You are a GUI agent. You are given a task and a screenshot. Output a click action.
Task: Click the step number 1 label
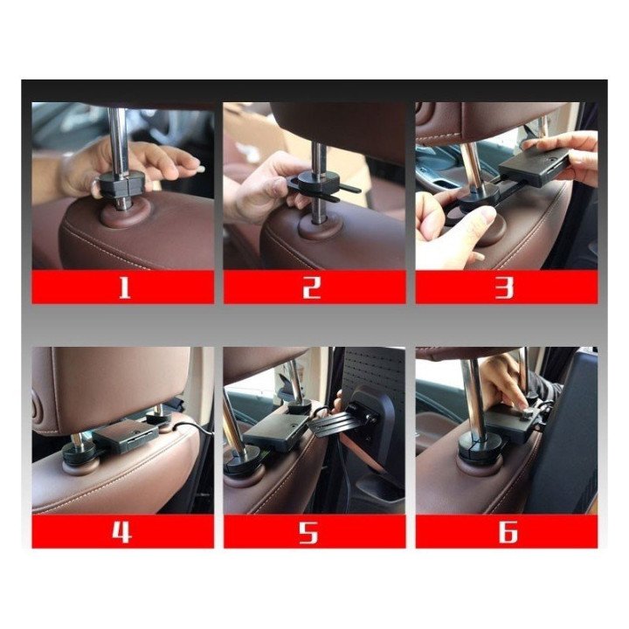click(124, 287)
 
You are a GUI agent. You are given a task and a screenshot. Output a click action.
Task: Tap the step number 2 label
click(312, 287)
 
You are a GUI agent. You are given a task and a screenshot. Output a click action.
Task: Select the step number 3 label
click(504, 287)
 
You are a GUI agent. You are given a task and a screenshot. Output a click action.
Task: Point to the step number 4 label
click(121, 532)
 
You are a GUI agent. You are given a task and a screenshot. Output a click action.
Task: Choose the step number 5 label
click(308, 532)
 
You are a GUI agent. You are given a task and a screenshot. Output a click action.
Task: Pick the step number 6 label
click(508, 532)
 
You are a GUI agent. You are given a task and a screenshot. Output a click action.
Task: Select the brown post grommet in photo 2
click(320, 229)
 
